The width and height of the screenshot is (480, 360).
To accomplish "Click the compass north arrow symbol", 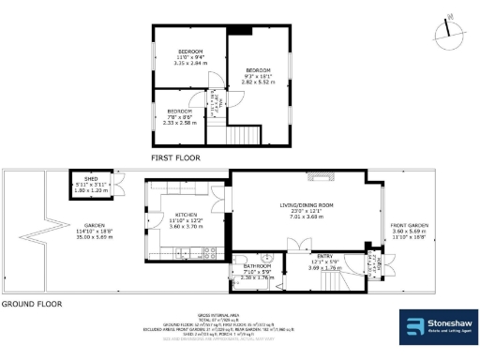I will [449, 35].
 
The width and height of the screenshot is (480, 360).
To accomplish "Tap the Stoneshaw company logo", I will [434, 327].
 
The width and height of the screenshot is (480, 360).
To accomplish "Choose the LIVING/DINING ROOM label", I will [307, 209].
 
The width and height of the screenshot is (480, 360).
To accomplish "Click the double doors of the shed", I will [120, 185].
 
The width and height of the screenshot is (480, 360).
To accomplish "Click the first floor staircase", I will [247, 135].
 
